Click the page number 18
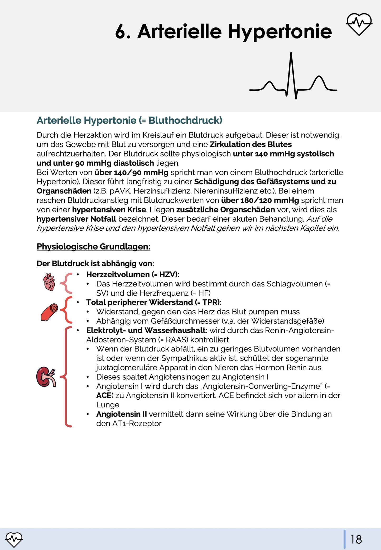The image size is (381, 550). pos(356,539)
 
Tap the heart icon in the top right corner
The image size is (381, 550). pos(359,24)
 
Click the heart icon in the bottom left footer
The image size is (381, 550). pos(14,539)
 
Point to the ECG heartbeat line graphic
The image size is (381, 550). pos(293,76)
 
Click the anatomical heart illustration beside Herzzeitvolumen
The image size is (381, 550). pos(49,282)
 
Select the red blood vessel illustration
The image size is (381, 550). pos(50,312)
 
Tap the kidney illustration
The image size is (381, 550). pos(46,377)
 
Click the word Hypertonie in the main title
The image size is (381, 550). pos(280,32)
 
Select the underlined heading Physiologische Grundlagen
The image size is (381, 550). pos(93,247)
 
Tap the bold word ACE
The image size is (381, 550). pos(104,396)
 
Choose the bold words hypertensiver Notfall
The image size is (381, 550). pos(76,219)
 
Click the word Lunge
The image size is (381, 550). pos(108,405)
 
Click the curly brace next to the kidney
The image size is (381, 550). pos(66,377)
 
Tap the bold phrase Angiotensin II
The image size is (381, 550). pos(121,414)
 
